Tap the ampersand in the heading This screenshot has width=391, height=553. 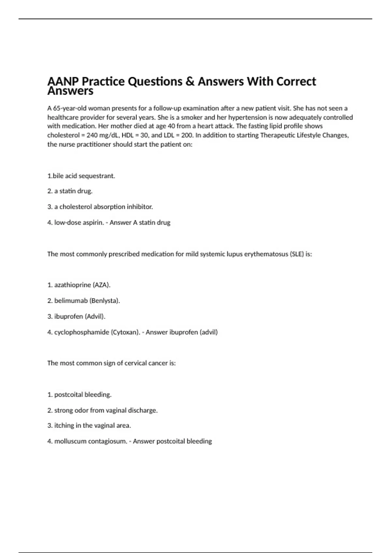[x=190, y=81]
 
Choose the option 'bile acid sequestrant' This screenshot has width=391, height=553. [x=84, y=176]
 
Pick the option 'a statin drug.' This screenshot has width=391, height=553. [x=73, y=191]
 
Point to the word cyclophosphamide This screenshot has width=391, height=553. [x=81, y=332]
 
